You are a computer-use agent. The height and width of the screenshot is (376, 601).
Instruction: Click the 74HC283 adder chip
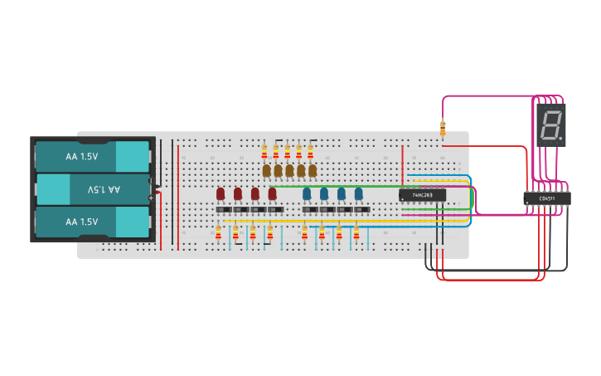pos(422,195)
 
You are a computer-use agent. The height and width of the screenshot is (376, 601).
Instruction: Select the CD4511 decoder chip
pos(546,198)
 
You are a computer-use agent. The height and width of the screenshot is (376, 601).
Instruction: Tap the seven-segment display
pos(550,125)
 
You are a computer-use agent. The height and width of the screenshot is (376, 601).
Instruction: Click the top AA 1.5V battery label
pos(81,156)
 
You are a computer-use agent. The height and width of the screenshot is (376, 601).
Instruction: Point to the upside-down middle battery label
pos(104,189)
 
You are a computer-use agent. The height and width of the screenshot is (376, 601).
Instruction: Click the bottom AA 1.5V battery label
pos(81,222)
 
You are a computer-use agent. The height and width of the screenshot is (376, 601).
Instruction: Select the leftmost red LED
pos(221,193)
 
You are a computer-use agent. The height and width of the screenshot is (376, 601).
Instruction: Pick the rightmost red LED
pos(272,193)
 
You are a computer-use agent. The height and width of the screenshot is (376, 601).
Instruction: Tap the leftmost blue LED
pos(307,193)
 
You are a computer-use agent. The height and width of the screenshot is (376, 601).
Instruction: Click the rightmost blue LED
pos(359,193)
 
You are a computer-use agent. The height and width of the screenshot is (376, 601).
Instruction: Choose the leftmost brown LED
pos(266,170)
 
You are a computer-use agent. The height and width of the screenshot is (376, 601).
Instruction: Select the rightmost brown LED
pos(313,170)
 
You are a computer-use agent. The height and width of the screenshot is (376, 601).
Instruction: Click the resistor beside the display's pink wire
pos(443,128)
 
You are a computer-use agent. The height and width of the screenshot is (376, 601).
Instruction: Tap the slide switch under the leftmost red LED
pos(222,210)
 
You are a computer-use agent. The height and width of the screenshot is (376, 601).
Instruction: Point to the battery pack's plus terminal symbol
pos(151,198)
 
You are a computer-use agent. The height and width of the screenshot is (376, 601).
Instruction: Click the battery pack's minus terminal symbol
pos(151,181)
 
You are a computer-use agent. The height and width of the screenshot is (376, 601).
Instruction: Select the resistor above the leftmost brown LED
pos(264,151)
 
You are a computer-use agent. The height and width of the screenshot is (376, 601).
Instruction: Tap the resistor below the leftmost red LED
pos(218,232)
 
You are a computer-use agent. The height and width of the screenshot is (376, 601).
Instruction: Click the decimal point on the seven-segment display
pos(561,137)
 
